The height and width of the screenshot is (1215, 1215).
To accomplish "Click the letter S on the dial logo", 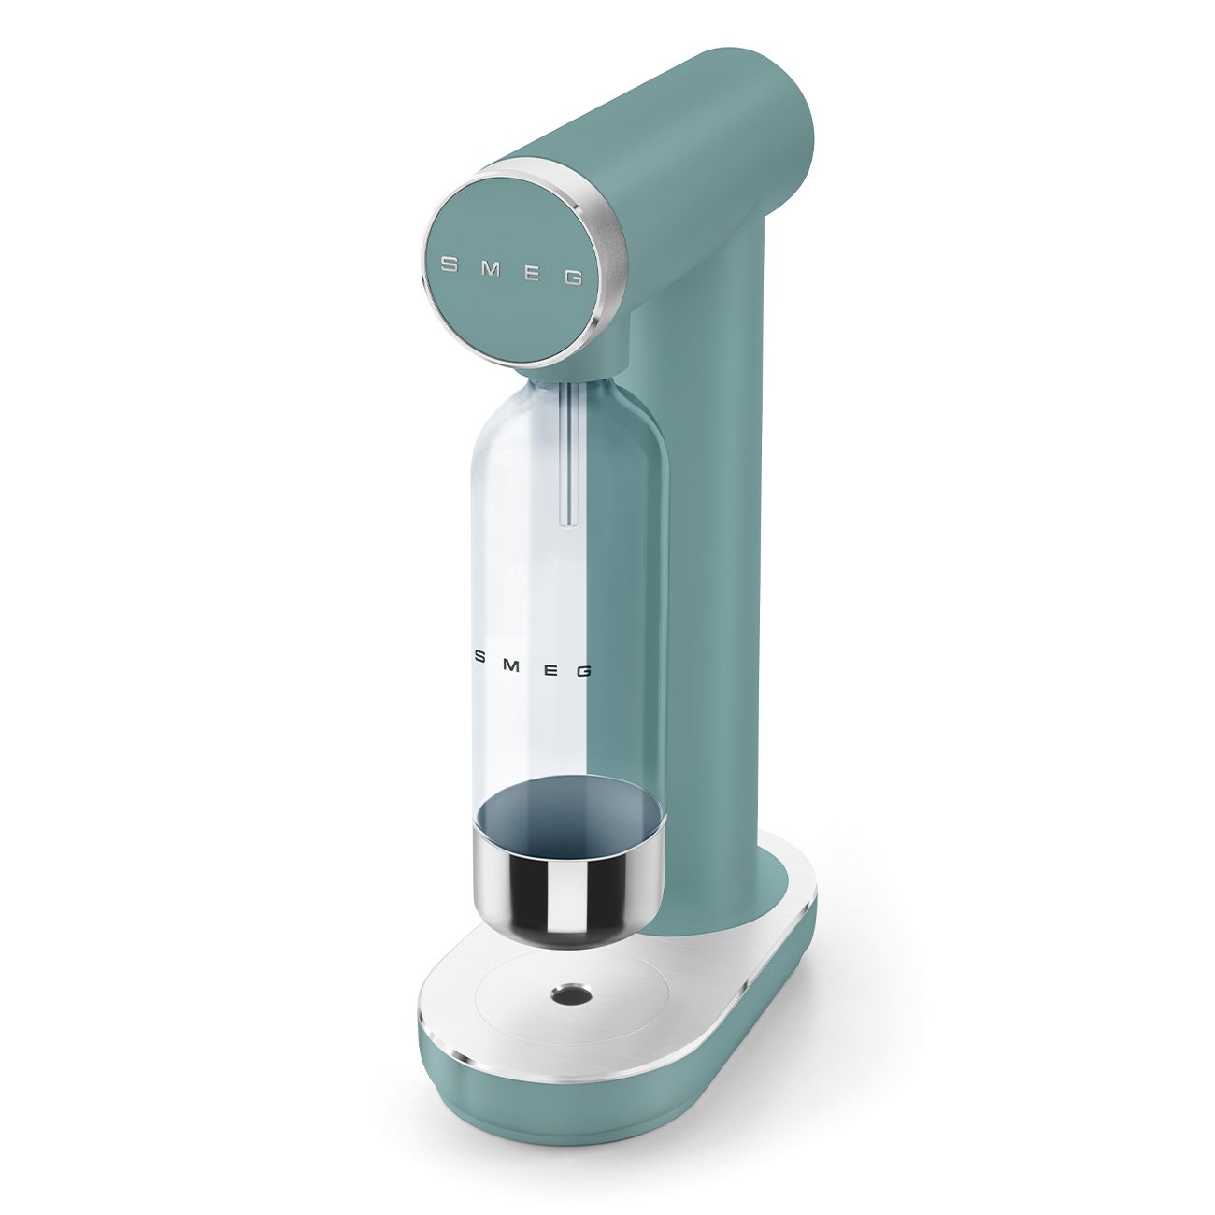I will [x=450, y=264].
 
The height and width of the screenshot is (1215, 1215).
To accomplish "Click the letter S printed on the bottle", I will [x=479, y=657].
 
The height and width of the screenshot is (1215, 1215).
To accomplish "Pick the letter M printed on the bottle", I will [x=512, y=663].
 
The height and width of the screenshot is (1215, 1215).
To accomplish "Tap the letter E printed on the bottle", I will [x=550, y=668].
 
